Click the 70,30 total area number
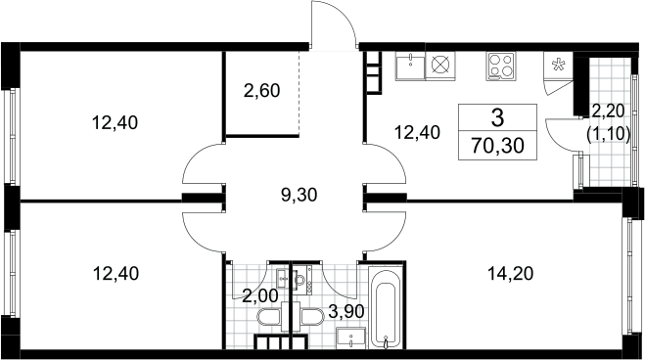click(x=498, y=146)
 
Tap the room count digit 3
click(x=498, y=118)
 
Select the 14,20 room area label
click(x=510, y=273)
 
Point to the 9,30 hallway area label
click(x=299, y=195)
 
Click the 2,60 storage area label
click(x=261, y=91)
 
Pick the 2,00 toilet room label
click(x=260, y=295)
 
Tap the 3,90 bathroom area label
click(x=346, y=312)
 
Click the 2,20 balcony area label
click(x=609, y=111)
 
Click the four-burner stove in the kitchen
click(x=501, y=67)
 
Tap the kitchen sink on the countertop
click(x=410, y=66)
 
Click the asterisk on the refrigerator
click(x=558, y=65)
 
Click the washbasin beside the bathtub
click(x=350, y=338)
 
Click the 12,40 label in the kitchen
click(x=417, y=132)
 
